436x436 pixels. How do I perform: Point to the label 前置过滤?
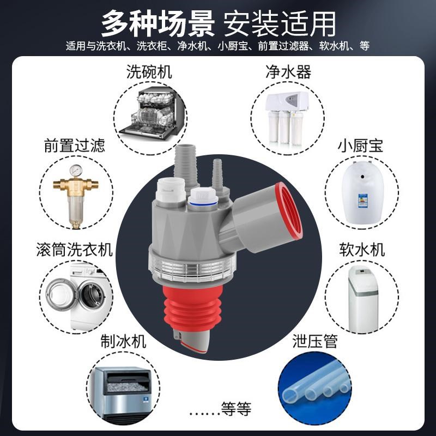(x=74, y=146)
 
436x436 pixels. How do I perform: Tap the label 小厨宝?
(x=360, y=146)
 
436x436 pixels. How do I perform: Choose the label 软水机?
(x=360, y=250)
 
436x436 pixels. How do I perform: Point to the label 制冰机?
(x=124, y=342)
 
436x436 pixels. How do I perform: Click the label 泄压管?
(x=315, y=342)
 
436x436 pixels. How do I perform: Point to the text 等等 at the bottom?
(x=236, y=408)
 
